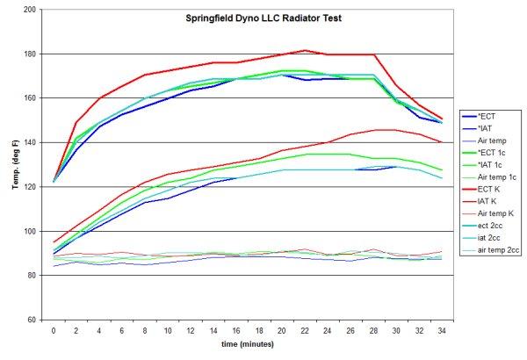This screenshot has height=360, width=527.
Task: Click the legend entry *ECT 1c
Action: [x=502, y=151]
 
